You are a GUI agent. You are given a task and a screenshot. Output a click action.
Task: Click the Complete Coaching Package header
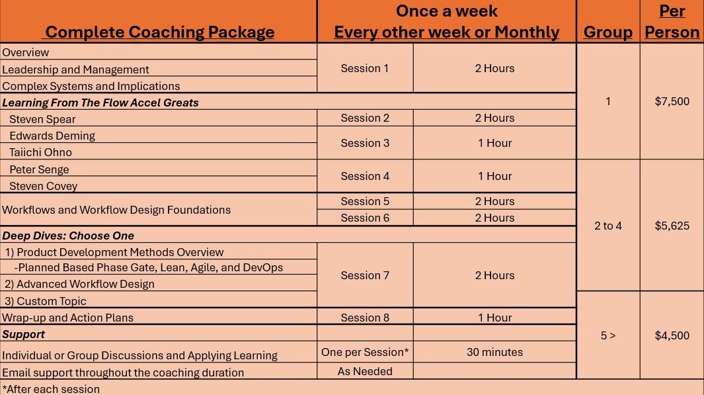tap(159, 32)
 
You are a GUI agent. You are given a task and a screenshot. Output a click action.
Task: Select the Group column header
tap(608, 32)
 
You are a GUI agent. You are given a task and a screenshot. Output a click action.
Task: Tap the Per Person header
tap(672, 22)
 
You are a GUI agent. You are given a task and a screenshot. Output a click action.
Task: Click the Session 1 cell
tap(365, 68)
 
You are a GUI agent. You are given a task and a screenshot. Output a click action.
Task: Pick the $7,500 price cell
tap(672, 101)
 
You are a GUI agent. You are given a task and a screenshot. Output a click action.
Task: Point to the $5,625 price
tap(672, 226)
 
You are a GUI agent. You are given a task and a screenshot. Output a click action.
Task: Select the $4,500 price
tap(672, 335)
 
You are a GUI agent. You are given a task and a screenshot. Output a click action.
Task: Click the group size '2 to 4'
tap(608, 226)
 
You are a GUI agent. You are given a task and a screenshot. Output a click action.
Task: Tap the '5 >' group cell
tap(608, 335)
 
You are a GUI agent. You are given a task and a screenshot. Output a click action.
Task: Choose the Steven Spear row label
tap(42, 119)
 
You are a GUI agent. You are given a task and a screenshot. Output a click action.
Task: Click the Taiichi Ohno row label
tap(40, 152)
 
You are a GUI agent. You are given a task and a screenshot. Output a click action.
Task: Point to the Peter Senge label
tap(39, 169)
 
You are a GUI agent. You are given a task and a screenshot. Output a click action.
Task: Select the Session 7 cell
tap(365, 275)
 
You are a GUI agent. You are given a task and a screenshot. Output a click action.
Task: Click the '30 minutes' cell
tap(494, 352)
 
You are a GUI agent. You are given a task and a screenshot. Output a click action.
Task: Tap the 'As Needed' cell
tap(365, 371)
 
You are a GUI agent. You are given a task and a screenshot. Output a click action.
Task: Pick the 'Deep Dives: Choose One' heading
tap(68, 236)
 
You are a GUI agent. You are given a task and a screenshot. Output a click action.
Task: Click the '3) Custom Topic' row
tap(46, 301)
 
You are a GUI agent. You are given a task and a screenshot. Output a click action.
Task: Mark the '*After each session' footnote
tap(51, 389)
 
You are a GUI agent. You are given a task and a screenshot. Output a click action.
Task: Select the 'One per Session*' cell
tap(365, 352)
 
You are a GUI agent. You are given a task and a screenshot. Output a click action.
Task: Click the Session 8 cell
tap(365, 318)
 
